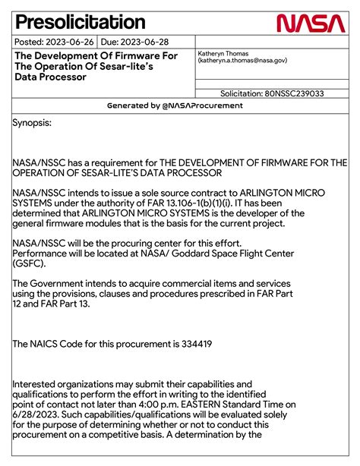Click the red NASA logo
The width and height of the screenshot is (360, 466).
(x=311, y=24)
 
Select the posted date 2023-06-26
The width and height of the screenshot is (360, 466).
(x=70, y=43)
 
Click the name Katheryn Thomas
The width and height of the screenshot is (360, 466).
(x=224, y=53)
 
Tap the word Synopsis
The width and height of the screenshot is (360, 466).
(x=32, y=121)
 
